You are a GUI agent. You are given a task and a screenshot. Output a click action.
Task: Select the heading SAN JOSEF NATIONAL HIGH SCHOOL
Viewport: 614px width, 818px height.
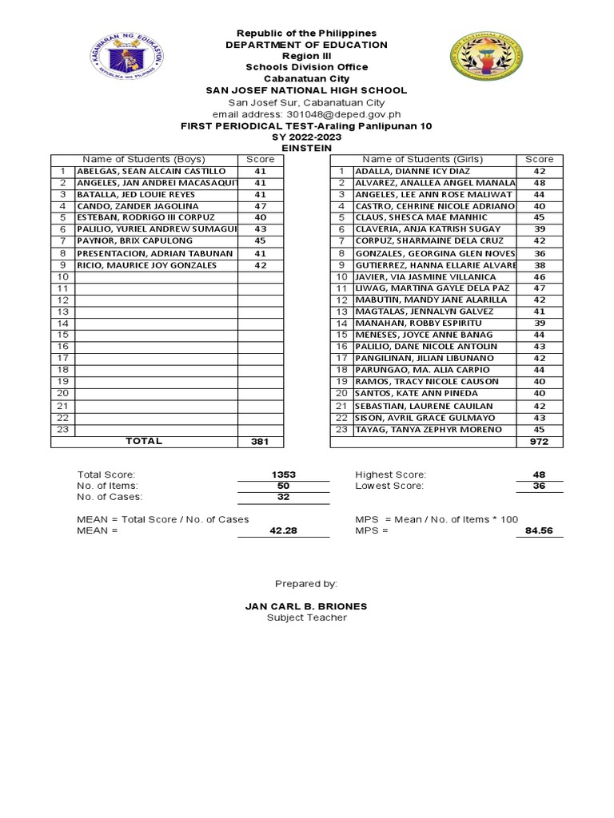[306, 90]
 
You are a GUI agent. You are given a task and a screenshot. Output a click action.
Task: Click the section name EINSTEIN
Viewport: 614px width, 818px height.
[306, 148]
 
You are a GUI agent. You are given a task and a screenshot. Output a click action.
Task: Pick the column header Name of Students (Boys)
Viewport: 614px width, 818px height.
[144, 160]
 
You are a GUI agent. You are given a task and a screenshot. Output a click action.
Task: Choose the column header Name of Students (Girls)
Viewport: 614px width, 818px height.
[424, 160]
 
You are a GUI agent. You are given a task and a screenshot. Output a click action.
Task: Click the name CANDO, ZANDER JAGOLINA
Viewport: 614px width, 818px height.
[138, 206]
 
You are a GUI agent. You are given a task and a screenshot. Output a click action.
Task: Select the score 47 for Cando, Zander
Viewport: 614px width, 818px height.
[260, 206]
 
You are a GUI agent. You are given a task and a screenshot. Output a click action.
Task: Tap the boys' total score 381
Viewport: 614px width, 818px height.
[260, 442]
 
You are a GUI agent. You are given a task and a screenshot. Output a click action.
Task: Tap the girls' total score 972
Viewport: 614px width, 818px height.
[540, 442]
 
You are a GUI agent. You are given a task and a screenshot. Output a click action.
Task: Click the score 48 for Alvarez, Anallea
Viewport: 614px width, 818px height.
[540, 183]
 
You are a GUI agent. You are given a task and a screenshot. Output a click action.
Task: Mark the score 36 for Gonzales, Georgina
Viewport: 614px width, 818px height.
[540, 253]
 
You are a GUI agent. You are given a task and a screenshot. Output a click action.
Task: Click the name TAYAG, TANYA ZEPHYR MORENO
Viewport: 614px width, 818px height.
[429, 430]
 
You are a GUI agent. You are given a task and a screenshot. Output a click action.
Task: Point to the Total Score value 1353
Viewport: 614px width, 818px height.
[284, 475]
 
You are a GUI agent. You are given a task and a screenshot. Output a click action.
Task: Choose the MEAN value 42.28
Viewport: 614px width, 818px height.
[284, 530]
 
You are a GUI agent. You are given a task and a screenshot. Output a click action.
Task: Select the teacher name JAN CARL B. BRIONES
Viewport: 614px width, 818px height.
[306, 606]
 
